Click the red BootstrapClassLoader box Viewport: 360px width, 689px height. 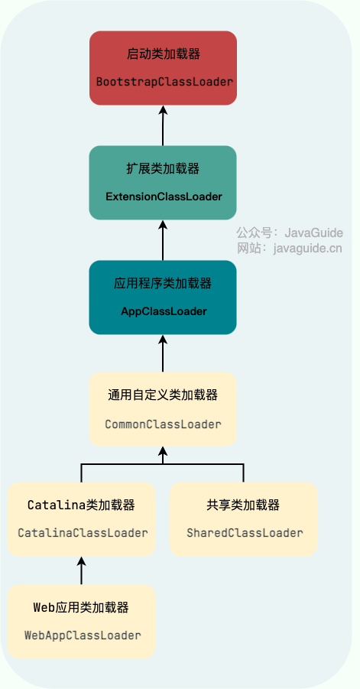163,68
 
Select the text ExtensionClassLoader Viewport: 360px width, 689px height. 164,197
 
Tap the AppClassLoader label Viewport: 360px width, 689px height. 164,311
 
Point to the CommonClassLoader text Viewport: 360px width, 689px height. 163,424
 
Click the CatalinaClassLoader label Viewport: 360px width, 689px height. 83,533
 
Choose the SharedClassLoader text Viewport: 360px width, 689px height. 245,533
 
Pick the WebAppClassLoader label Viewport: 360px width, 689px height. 83,635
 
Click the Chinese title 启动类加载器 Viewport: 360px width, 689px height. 164,54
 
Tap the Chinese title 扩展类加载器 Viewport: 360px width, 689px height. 163,169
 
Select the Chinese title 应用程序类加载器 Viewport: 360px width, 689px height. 163,284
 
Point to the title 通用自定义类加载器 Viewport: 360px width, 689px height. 163,395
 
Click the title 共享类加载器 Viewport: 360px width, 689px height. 243,505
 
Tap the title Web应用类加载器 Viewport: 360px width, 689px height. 81,608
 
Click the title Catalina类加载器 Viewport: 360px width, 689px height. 81,505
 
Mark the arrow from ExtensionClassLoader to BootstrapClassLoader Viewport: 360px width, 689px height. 163,125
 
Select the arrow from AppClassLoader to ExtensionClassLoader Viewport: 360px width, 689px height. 163,240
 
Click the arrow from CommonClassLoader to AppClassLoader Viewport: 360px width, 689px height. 163,354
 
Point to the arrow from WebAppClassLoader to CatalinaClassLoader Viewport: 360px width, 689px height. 81,570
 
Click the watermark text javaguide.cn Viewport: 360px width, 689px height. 307,249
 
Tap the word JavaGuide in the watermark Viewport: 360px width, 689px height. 313,232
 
